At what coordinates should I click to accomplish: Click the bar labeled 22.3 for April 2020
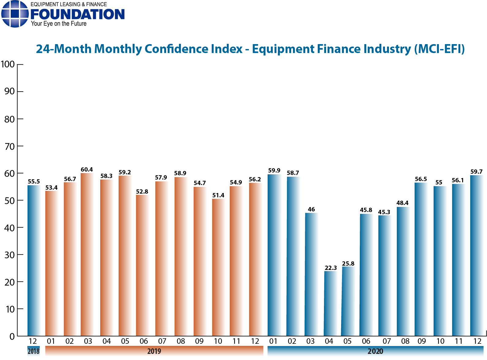pyautogui.click(x=330, y=303)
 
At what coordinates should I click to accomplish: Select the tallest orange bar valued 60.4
pyautogui.click(x=87, y=254)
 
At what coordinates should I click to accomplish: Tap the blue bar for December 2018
pyautogui.click(x=33, y=260)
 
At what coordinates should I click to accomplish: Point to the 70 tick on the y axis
pyautogui.click(x=10, y=146)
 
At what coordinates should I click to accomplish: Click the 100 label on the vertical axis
pyautogui.click(x=8, y=64)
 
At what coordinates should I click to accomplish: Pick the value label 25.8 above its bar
pyautogui.click(x=348, y=263)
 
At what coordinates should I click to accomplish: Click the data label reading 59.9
pyautogui.click(x=274, y=170)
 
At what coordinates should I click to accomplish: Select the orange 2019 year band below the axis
pyautogui.click(x=154, y=351)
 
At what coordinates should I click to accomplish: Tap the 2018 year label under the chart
pyautogui.click(x=33, y=351)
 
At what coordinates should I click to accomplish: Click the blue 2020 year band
pyautogui.click(x=375, y=351)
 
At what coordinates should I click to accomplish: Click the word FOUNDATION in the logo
pyautogui.click(x=78, y=14)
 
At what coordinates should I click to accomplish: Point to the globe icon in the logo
pyautogui.click(x=15, y=14)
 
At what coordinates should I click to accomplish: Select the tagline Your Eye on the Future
pyautogui.click(x=59, y=24)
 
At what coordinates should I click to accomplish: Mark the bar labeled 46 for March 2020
pyautogui.click(x=311, y=274)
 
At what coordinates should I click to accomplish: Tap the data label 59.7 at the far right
pyautogui.click(x=476, y=172)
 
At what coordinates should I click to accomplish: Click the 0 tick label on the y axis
pyautogui.click(x=12, y=336)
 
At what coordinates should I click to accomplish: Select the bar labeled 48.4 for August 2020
pyautogui.click(x=403, y=271)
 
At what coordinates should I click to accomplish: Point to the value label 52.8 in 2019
pyautogui.click(x=142, y=191)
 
